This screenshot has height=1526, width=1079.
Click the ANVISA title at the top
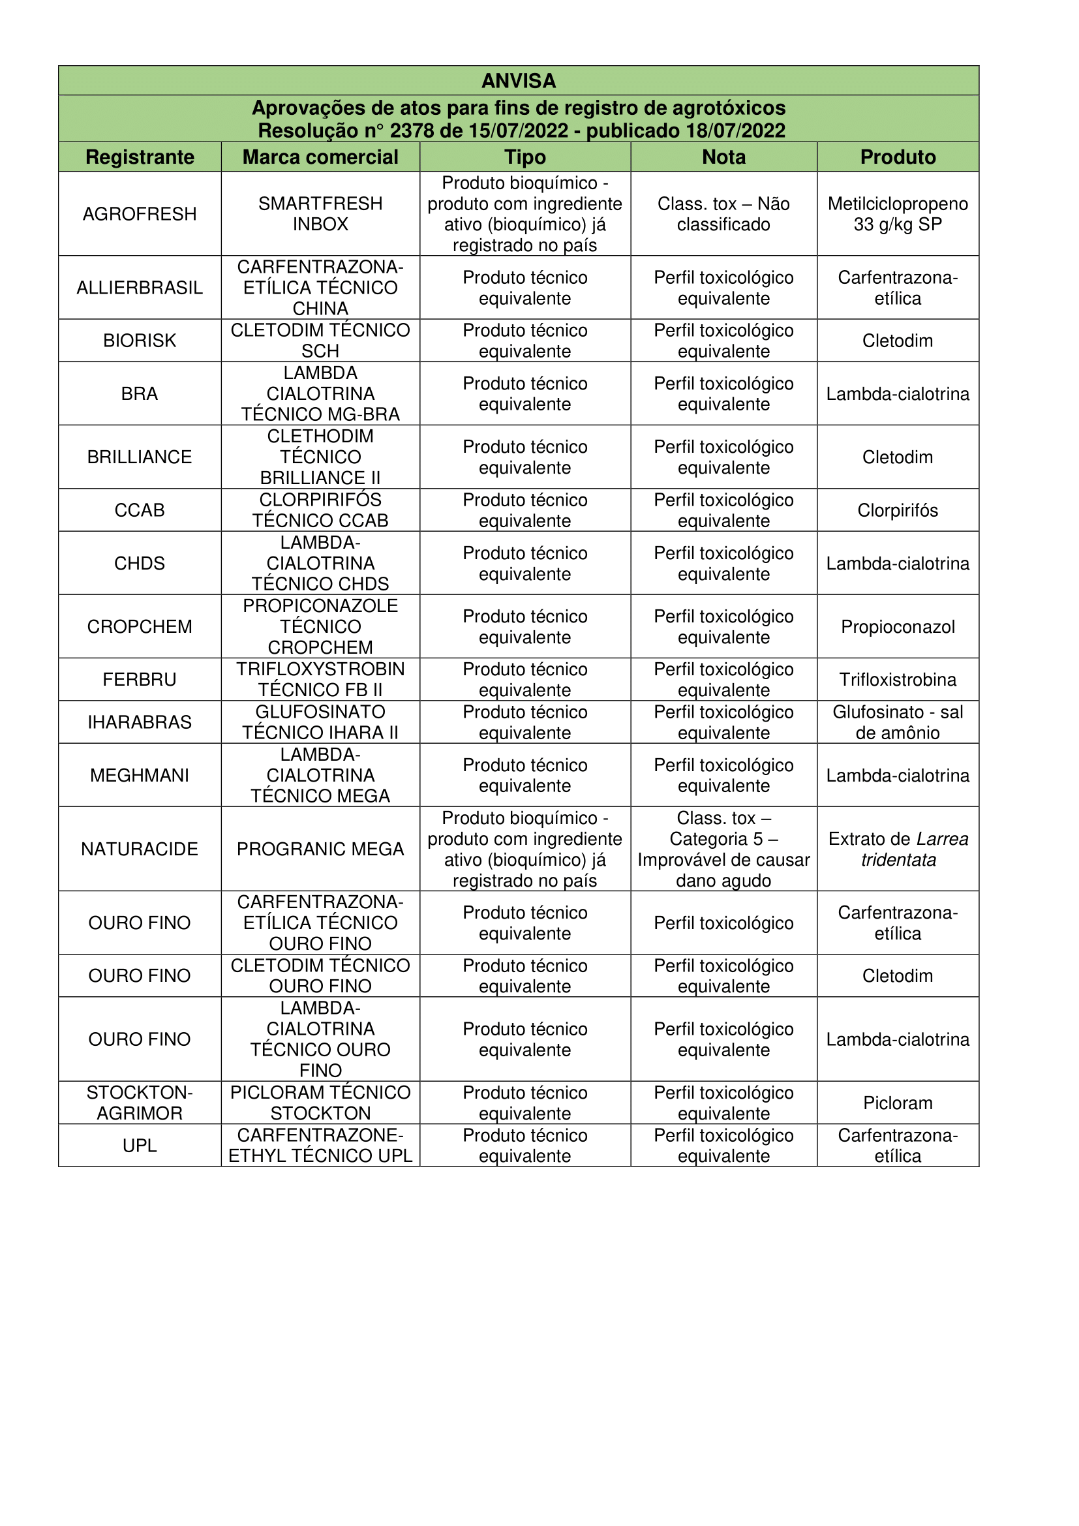(518, 80)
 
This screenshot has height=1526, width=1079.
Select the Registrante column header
(140, 157)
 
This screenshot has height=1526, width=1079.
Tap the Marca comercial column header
(320, 157)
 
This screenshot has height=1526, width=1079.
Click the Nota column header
(723, 157)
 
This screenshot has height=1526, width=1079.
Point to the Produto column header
(898, 157)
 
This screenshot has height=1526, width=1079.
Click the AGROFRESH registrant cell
(140, 214)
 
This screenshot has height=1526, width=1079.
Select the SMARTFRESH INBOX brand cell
(320, 214)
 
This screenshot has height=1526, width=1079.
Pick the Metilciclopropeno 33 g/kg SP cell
(898, 214)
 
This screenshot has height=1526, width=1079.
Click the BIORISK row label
(140, 341)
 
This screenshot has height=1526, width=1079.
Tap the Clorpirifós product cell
(898, 510)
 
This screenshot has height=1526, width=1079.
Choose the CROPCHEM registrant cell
(140, 627)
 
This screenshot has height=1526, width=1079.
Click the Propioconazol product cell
(898, 627)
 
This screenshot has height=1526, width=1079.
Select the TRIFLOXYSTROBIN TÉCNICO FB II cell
(320, 679)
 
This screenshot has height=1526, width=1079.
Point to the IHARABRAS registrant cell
(140, 722)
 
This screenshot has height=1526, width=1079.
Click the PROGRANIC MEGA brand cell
(320, 849)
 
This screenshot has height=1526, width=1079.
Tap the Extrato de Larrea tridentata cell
(898, 849)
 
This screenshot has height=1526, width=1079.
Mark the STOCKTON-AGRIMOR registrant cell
(140, 1103)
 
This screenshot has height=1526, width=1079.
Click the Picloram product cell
(898, 1103)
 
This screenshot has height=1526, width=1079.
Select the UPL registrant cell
(140, 1146)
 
